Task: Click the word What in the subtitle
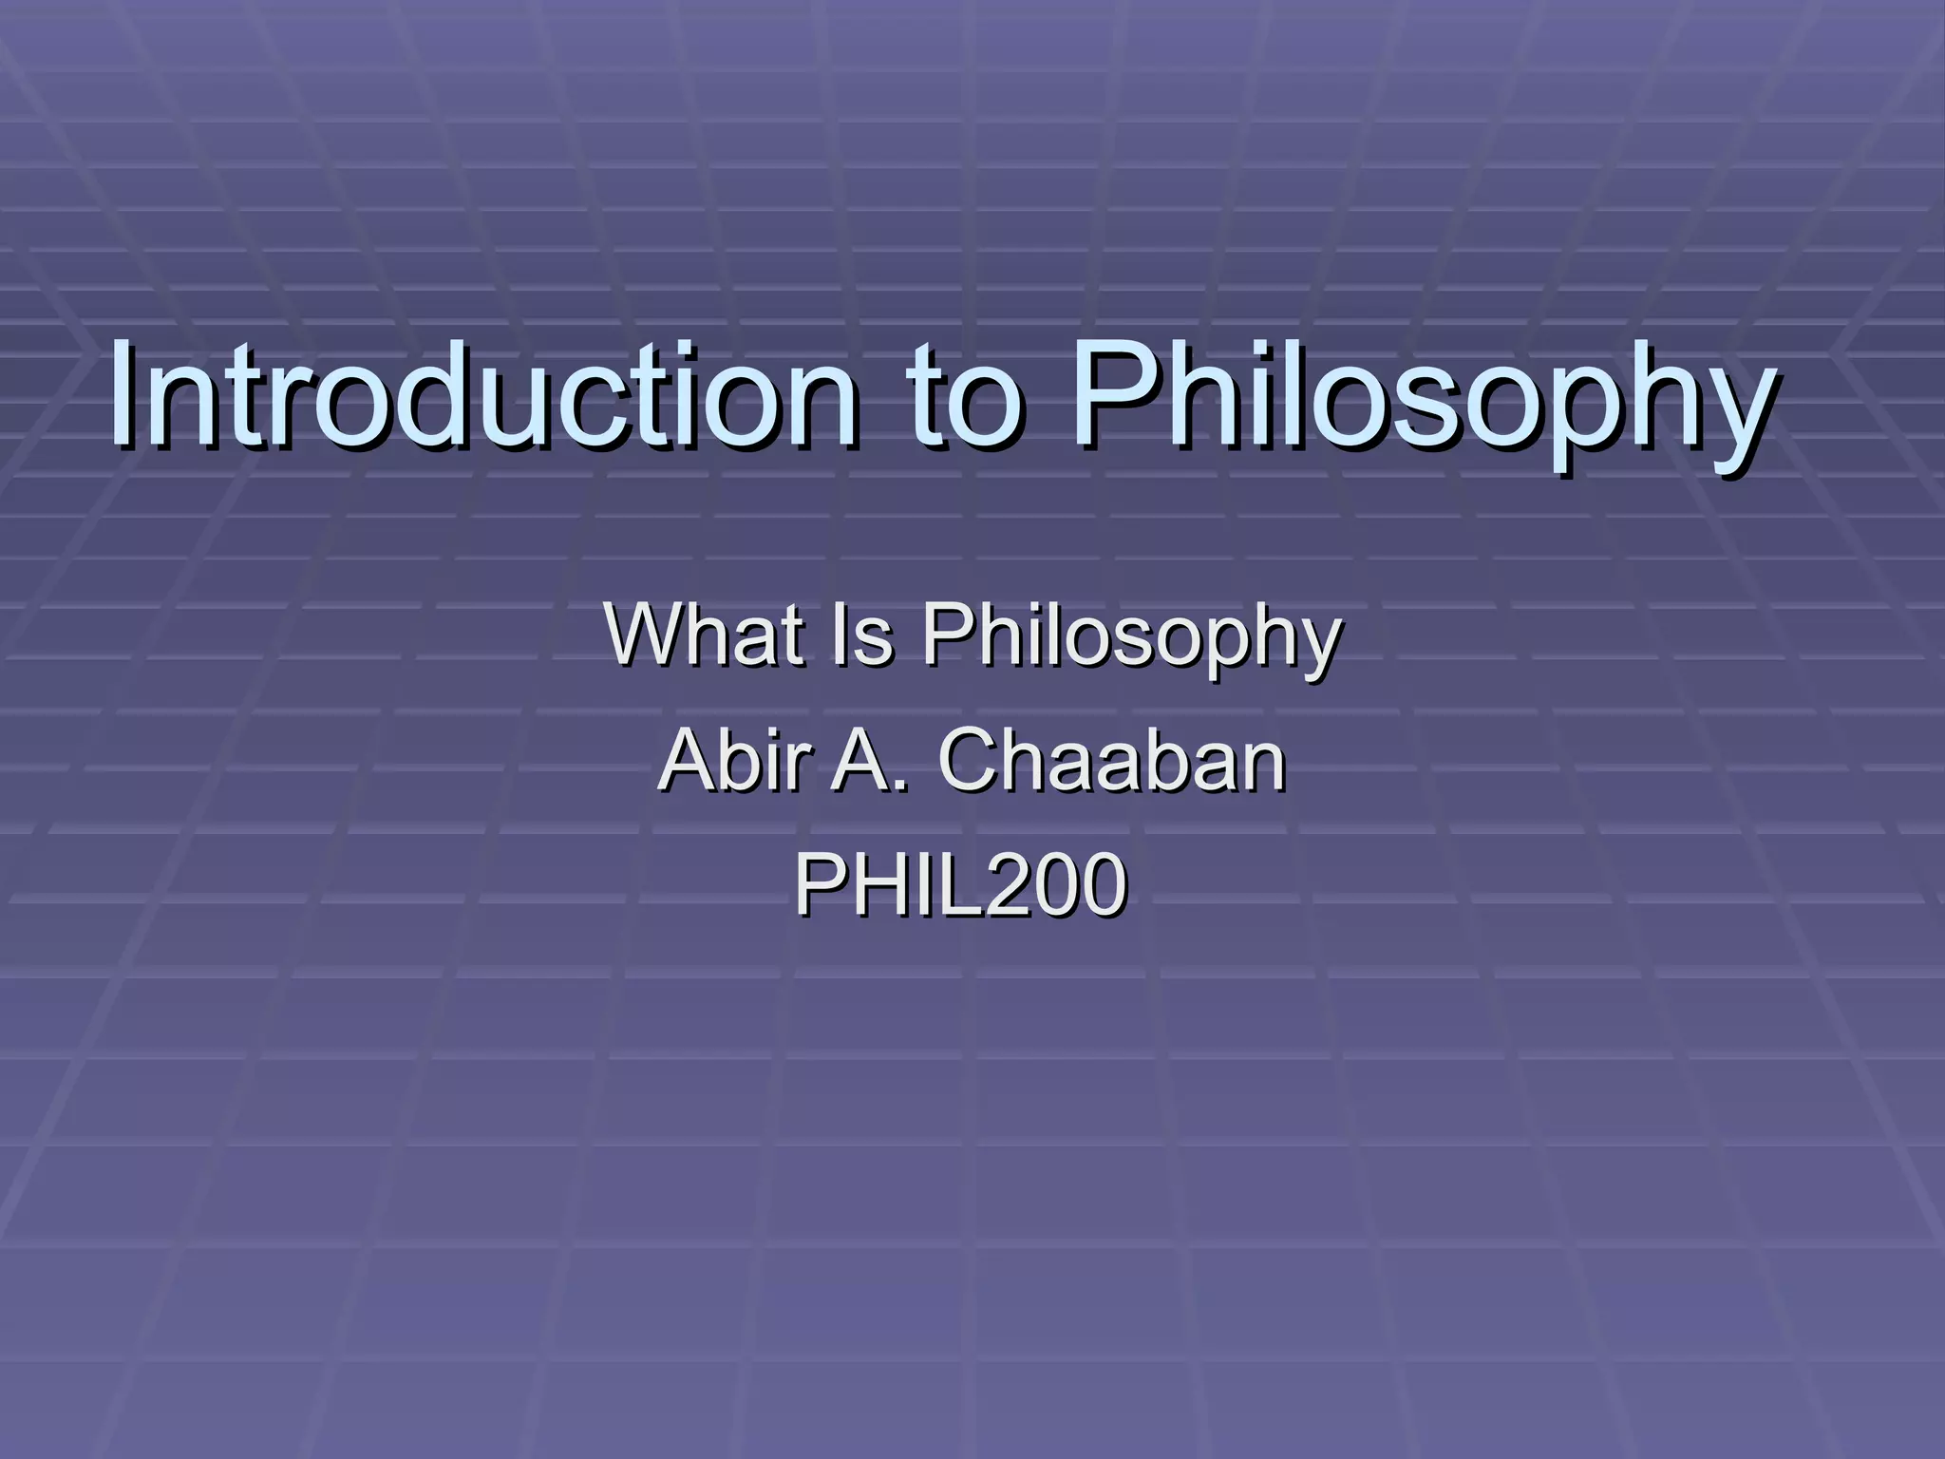pyautogui.click(x=701, y=635)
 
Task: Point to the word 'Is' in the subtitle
pyautogui.click(x=861, y=635)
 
